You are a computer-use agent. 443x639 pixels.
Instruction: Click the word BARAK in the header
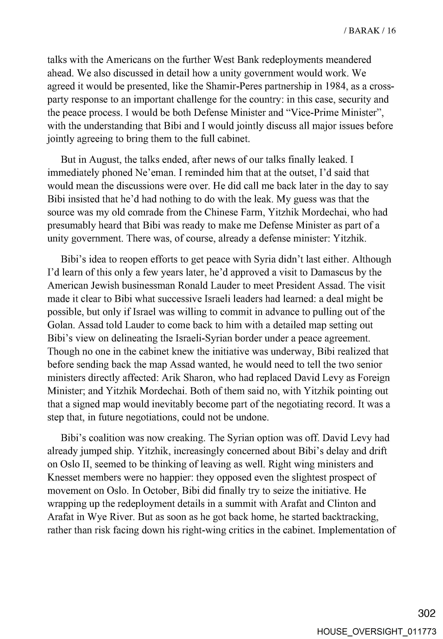click(364, 31)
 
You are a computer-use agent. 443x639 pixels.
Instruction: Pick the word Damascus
click(332, 272)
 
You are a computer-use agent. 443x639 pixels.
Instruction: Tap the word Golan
click(59, 325)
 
